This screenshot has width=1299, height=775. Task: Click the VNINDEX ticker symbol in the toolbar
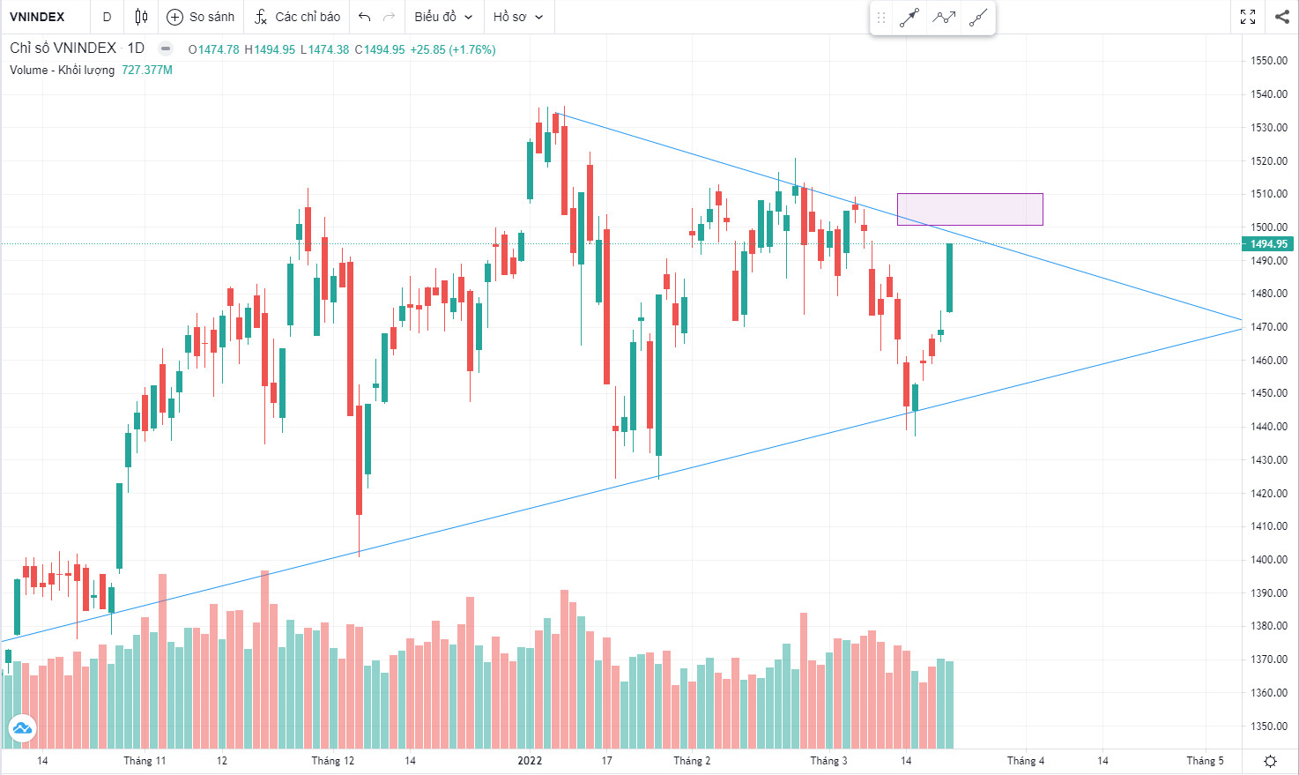coord(37,17)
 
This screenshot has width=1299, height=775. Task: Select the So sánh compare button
coord(201,17)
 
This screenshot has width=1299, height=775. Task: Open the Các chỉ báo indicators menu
coord(297,17)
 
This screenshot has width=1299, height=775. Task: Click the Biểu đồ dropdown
coord(443,17)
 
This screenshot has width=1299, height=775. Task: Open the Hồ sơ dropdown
coord(518,17)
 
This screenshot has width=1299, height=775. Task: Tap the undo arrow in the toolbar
coord(364,17)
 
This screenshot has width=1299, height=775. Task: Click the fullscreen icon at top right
coord(1248,17)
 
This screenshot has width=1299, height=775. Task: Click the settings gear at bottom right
coord(1270,761)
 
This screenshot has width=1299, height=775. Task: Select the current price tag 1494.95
coord(1268,244)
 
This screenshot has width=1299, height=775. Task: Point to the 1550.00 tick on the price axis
coord(1268,61)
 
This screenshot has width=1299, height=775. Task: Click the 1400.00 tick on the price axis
coord(1268,560)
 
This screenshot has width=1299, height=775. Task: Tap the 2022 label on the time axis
coord(530,760)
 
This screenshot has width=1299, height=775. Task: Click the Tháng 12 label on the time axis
coord(332,760)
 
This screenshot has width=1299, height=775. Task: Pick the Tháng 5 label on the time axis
coord(1205,760)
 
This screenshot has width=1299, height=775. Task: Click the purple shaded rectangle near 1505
coord(969,209)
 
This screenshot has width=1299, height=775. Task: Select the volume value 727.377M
coord(147,70)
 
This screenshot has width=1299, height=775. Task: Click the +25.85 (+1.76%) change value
coord(453,49)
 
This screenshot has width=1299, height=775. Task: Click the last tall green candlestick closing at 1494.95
coord(950,277)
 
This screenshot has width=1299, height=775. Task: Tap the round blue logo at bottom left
coord(22,728)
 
